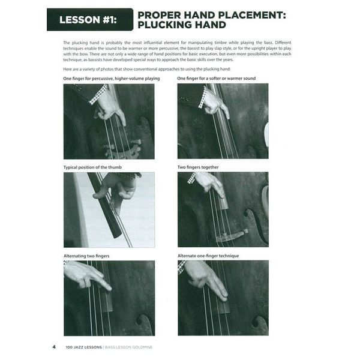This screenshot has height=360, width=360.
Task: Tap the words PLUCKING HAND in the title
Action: point(181,25)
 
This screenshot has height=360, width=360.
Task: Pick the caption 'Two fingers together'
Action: point(198,167)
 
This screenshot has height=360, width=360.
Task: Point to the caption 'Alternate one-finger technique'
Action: point(208,256)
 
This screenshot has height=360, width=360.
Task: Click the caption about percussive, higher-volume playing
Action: point(112,79)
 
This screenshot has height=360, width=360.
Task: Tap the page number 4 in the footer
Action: point(54,346)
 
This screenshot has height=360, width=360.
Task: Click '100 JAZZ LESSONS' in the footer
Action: point(82,346)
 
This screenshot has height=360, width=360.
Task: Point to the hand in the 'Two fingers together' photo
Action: point(209,182)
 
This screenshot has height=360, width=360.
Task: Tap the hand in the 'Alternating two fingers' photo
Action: point(87,275)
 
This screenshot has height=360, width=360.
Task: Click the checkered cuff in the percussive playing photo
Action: point(97,94)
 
